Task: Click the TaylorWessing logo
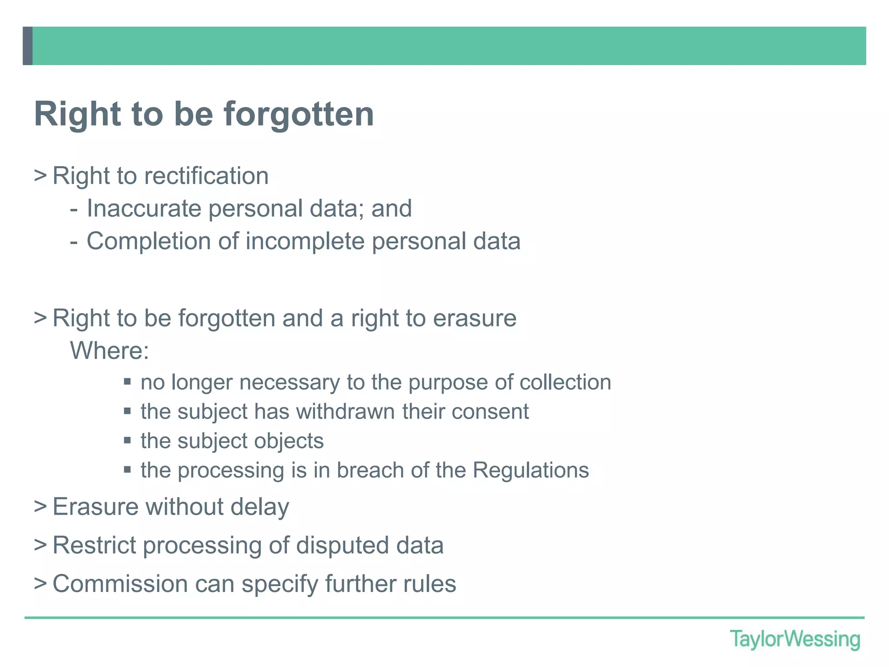point(794,639)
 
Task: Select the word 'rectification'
point(206,176)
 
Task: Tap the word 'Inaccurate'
point(144,208)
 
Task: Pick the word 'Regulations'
point(530,470)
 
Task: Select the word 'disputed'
point(342,545)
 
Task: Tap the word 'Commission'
point(120,584)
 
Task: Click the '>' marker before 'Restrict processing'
point(40,545)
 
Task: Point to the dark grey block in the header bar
point(28,46)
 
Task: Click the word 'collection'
point(565,382)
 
